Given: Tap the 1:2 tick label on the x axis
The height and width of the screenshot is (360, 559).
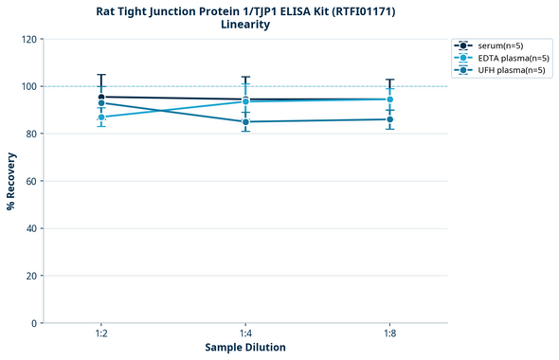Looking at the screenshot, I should click(101, 334).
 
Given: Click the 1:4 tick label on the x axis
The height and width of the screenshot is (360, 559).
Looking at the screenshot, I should click(245, 334).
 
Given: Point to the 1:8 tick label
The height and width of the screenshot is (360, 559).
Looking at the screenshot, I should click(389, 334).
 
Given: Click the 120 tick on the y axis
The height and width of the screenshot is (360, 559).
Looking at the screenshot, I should click(30, 40).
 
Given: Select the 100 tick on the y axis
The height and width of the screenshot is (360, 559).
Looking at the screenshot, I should click(30, 87).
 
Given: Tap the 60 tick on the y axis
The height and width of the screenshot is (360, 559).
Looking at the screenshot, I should click(33, 181).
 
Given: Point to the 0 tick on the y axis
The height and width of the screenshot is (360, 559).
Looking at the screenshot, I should click(36, 323).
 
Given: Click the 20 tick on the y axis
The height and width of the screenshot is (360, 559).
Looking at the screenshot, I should click(33, 276).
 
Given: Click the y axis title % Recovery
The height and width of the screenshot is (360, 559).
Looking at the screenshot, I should click(12, 181).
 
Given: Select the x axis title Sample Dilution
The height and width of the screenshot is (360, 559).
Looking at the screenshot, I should click(245, 348).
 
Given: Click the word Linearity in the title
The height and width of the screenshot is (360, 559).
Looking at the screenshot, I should click(244, 25).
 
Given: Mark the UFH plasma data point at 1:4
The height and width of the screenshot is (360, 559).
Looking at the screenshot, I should click(245, 122).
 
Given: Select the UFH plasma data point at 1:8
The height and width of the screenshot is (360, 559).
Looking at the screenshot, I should click(389, 119).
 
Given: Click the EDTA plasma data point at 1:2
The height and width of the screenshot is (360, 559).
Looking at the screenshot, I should click(101, 117).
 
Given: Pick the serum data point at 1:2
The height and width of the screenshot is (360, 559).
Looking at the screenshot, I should click(101, 97).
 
